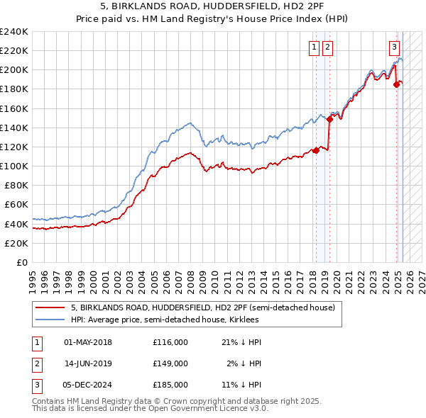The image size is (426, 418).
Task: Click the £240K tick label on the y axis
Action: coord(14,32)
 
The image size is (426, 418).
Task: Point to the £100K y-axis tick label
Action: coord(14,166)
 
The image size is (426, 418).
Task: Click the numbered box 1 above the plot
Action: coord(314,47)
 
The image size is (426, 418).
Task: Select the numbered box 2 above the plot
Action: coord(327,47)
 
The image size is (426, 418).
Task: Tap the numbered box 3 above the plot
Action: coord(393,47)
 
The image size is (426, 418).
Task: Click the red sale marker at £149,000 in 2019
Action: coord(329,120)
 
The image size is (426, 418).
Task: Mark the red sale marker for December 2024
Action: coord(396,85)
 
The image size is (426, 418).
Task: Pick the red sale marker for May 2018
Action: coord(315,150)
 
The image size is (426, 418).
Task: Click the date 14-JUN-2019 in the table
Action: coord(88,363)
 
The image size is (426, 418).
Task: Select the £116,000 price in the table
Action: coord(170,342)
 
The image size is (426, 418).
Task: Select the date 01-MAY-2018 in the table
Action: coord(88,342)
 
